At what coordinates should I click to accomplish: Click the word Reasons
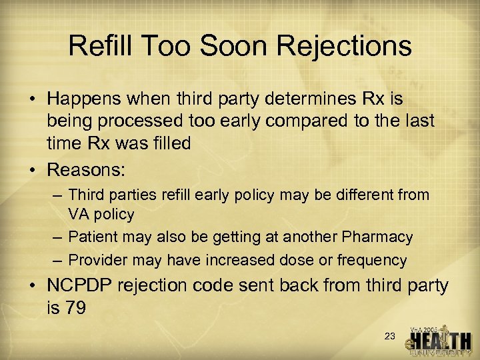click(85, 169)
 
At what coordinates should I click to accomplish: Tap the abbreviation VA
click(79, 215)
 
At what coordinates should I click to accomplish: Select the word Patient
click(92, 237)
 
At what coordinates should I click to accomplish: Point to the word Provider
click(95, 260)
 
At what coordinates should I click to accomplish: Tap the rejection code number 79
click(75, 308)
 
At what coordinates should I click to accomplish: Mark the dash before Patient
click(57, 237)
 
